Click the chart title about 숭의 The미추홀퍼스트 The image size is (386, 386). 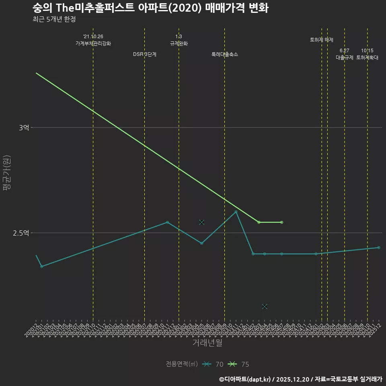150,8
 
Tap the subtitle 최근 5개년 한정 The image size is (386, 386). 54,19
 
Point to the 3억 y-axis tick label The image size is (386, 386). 24,128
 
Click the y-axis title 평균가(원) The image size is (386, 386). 7,173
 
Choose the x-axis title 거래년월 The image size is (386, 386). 207,343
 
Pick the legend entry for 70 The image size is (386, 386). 213,364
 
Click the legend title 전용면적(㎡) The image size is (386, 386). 182,364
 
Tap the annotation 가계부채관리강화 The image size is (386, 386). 93,43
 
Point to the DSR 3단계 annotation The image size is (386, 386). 145,54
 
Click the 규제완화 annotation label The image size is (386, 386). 179,43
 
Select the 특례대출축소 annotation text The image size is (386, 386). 225,54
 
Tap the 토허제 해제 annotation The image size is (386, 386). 322,40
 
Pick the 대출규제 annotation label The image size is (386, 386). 345,57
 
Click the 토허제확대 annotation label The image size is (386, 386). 367,57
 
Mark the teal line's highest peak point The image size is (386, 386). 236,212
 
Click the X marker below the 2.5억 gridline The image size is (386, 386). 265,306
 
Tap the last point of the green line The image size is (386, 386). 281,222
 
